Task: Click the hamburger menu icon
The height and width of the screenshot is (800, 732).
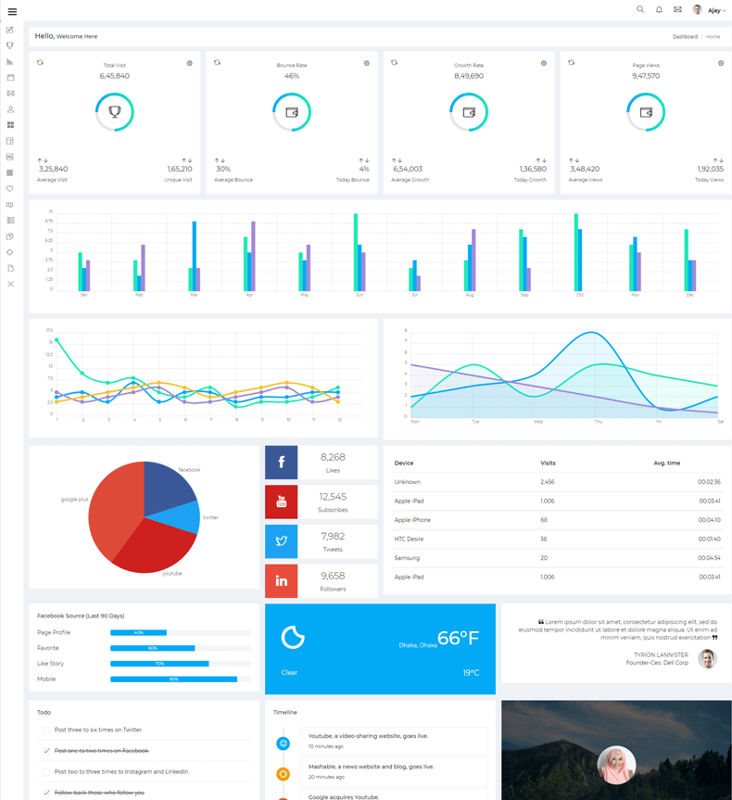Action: tap(12, 11)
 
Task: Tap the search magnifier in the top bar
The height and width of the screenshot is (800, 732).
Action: tap(639, 10)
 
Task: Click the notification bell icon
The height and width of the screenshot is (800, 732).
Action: tap(659, 10)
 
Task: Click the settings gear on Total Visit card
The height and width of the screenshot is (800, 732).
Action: tap(190, 63)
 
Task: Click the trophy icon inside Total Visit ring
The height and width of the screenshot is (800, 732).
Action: tap(115, 112)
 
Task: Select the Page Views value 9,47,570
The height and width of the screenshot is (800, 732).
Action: tap(646, 76)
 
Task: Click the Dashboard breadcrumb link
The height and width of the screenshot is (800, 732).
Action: tap(685, 36)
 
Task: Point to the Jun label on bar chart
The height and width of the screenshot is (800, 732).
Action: tap(359, 295)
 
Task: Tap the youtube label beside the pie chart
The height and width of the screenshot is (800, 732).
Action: tap(171, 573)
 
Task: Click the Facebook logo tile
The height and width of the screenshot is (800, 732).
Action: tap(282, 463)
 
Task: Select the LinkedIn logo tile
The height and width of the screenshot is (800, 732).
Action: tap(282, 580)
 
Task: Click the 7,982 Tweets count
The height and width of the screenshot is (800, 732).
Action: tap(333, 536)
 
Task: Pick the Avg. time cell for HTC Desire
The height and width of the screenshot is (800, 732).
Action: tap(709, 539)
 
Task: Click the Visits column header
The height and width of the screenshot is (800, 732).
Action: tap(548, 463)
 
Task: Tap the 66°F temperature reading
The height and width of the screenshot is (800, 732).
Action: tap(458, 638)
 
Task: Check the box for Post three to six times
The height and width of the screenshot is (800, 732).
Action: tap(46, 730)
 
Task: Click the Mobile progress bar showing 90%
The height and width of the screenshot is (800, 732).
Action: tap(173, 679)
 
